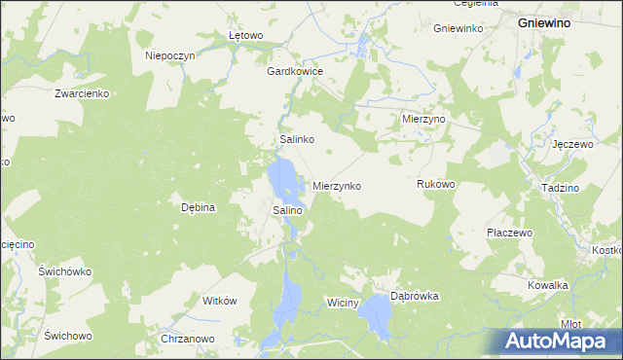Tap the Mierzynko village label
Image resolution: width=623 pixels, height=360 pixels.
[337, 185]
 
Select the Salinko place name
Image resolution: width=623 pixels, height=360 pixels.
[296, 140]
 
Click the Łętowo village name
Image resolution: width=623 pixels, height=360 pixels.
[245, 36]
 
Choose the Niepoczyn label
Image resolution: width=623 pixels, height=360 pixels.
[170, 55]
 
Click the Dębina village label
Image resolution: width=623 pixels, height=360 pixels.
[198, 207]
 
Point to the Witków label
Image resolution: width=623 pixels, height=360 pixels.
[219, 302]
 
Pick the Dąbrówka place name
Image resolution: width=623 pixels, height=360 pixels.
[415, 296]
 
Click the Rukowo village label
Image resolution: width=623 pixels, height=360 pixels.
[435, 184]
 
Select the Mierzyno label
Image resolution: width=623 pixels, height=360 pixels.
[423, 118]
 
